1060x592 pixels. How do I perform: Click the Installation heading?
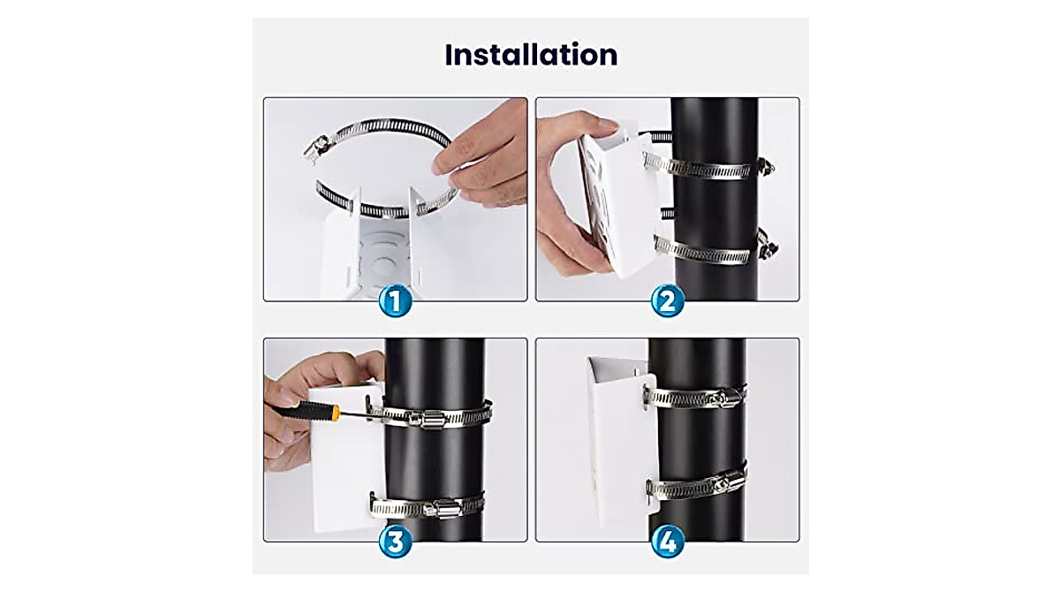531,55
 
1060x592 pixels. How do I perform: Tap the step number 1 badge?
396,301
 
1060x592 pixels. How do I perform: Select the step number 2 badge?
668,301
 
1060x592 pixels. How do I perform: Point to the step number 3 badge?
396,542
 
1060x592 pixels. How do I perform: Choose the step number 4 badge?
668,542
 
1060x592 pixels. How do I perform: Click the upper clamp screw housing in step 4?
720,398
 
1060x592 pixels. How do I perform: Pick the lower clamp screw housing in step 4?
723,483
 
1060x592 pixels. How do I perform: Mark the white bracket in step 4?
618,442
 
